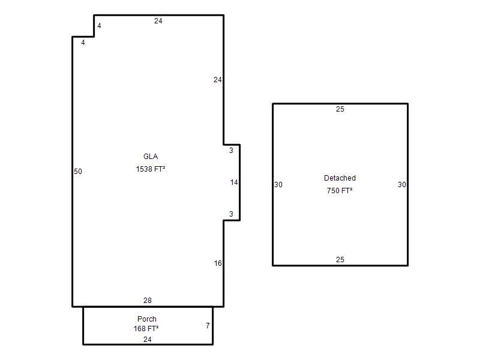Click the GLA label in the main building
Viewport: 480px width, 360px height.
151,157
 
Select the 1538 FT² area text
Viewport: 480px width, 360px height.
151,169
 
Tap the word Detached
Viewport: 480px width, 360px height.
340,178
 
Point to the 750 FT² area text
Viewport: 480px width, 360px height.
340,191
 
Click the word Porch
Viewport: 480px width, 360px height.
147,319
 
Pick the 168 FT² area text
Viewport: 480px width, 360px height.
146,329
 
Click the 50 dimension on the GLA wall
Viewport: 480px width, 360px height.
78,172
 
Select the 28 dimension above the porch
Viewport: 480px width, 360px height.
148,301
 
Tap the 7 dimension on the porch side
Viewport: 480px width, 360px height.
208,326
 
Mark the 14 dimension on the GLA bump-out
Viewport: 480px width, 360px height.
234,182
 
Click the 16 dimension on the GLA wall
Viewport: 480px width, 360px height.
218,263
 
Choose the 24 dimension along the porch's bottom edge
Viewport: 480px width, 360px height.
148,340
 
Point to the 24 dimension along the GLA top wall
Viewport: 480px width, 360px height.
158,21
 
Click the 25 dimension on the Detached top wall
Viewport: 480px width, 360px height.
340,109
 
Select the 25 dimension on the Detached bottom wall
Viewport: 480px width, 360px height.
340,260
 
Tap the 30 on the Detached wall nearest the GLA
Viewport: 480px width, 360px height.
278,185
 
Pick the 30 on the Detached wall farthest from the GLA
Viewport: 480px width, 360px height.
402,185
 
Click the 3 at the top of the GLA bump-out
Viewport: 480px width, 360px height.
231,151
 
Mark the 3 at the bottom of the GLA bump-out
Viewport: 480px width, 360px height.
231,214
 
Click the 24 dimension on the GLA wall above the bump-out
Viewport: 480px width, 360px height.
218,80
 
